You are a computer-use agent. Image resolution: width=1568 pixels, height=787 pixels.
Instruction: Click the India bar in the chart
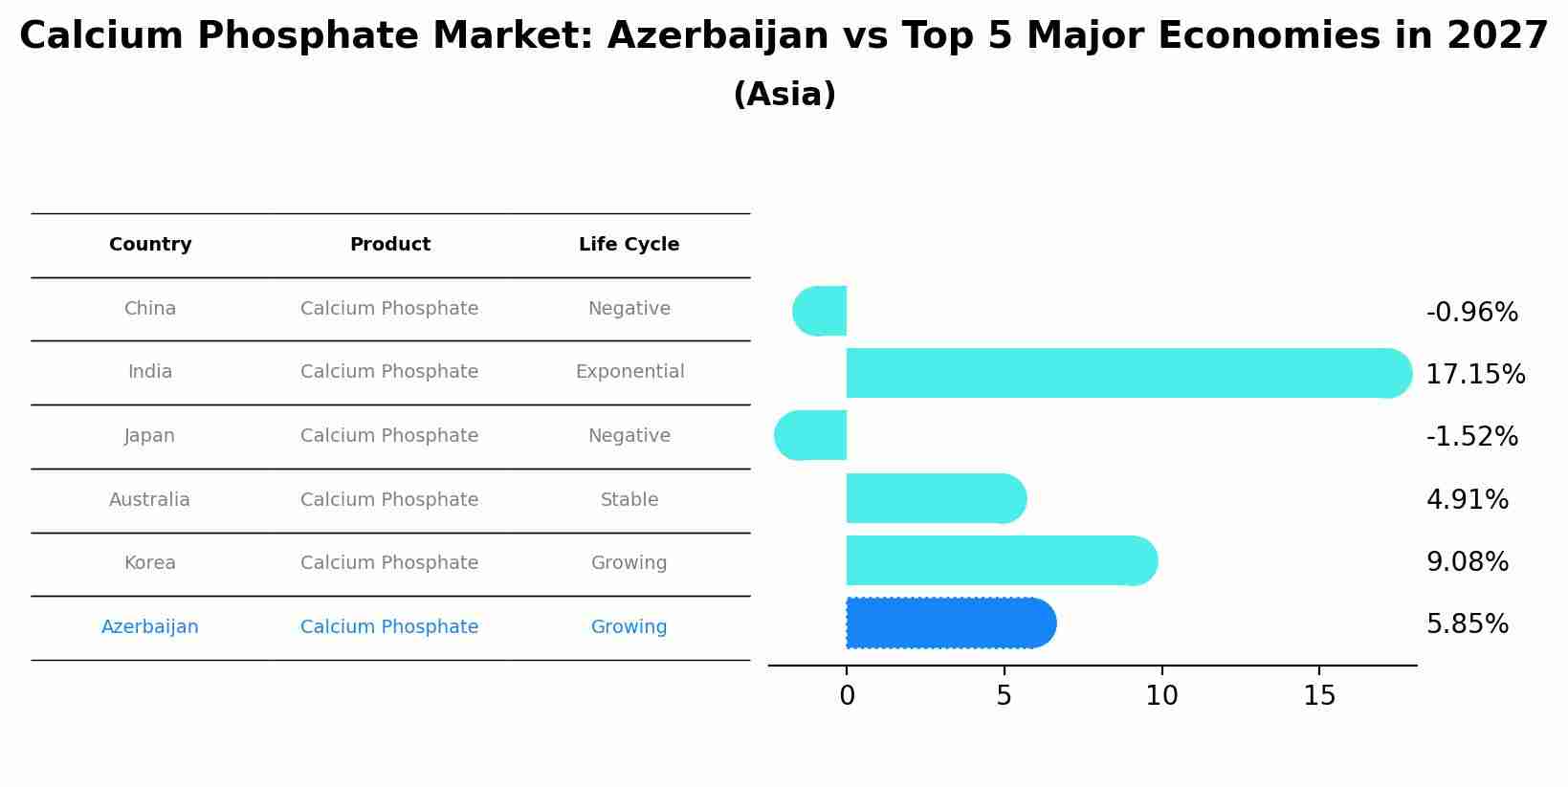1119,373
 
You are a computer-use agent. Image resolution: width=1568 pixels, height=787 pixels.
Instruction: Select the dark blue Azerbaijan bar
947,623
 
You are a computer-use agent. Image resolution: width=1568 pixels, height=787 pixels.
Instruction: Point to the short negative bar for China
822,311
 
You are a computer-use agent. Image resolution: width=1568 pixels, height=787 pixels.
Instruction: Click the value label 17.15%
1475,375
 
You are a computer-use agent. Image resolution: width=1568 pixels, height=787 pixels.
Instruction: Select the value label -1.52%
1471,437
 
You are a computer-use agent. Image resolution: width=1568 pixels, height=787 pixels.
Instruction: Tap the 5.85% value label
1467,624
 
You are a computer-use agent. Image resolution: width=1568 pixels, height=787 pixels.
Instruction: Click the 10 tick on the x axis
1161,696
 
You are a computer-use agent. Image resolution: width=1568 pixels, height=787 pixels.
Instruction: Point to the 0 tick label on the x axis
847,696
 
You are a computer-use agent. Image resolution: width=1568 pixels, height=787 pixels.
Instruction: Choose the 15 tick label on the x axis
1319,696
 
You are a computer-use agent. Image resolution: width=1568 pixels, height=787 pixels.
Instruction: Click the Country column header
150,245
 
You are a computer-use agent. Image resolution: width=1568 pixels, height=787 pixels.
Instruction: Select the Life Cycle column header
629,245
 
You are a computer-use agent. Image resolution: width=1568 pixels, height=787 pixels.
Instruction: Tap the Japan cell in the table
149,436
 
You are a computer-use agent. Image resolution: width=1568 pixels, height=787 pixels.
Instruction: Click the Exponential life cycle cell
629,372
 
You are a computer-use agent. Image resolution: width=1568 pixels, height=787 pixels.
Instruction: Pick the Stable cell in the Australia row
629,500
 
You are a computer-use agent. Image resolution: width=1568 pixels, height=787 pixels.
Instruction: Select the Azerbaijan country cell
150,627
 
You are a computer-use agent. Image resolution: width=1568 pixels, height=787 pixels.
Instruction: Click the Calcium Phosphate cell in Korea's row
389,563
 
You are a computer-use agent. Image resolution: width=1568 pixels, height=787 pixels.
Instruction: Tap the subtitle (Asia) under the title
784,95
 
